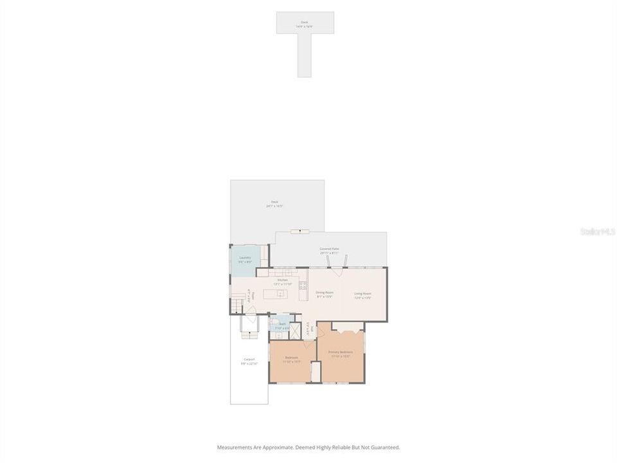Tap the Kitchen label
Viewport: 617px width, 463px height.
(283, 281)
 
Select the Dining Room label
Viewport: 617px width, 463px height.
(325, 295)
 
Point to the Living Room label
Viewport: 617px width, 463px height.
(363, 296)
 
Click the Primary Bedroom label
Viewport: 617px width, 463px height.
(341, 354)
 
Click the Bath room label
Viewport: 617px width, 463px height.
(282, 326)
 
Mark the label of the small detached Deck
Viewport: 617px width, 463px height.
(304, 24)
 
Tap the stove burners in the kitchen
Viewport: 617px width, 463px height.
(302, 286)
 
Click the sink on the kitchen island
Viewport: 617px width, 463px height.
(280, 294)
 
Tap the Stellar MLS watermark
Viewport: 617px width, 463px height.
(597, 230)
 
